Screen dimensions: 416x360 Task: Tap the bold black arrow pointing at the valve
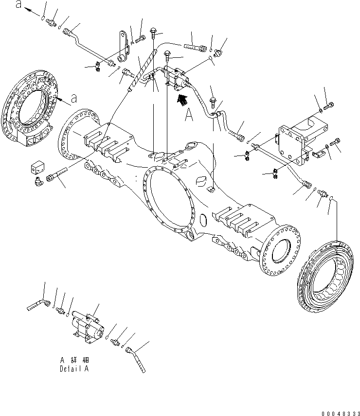[182, 101]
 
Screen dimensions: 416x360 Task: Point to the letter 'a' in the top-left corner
[18, 4]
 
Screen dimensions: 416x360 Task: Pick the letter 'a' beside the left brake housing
[73, 98]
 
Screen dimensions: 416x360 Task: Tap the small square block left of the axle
[37, 168]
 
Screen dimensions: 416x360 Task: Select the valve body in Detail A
[88, 323]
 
